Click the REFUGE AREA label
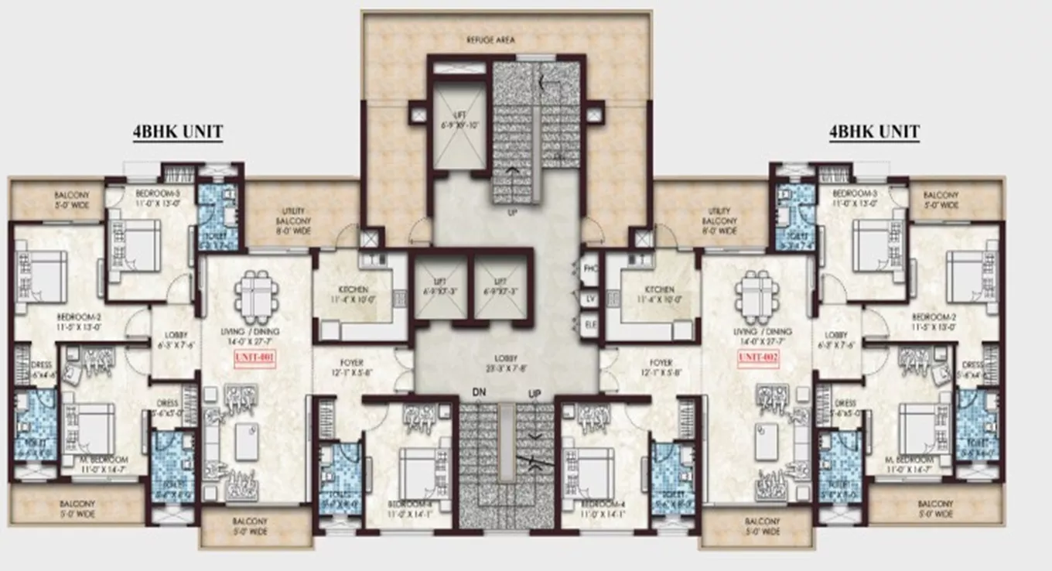pos(490,39)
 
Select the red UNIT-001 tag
pos(255,358)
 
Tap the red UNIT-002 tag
pos(757,357)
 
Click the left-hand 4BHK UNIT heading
pos(176,132)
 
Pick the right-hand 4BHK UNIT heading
pos(873,132)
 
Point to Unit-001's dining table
pos(256,297)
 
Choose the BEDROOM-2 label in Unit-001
pos(79,322)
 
